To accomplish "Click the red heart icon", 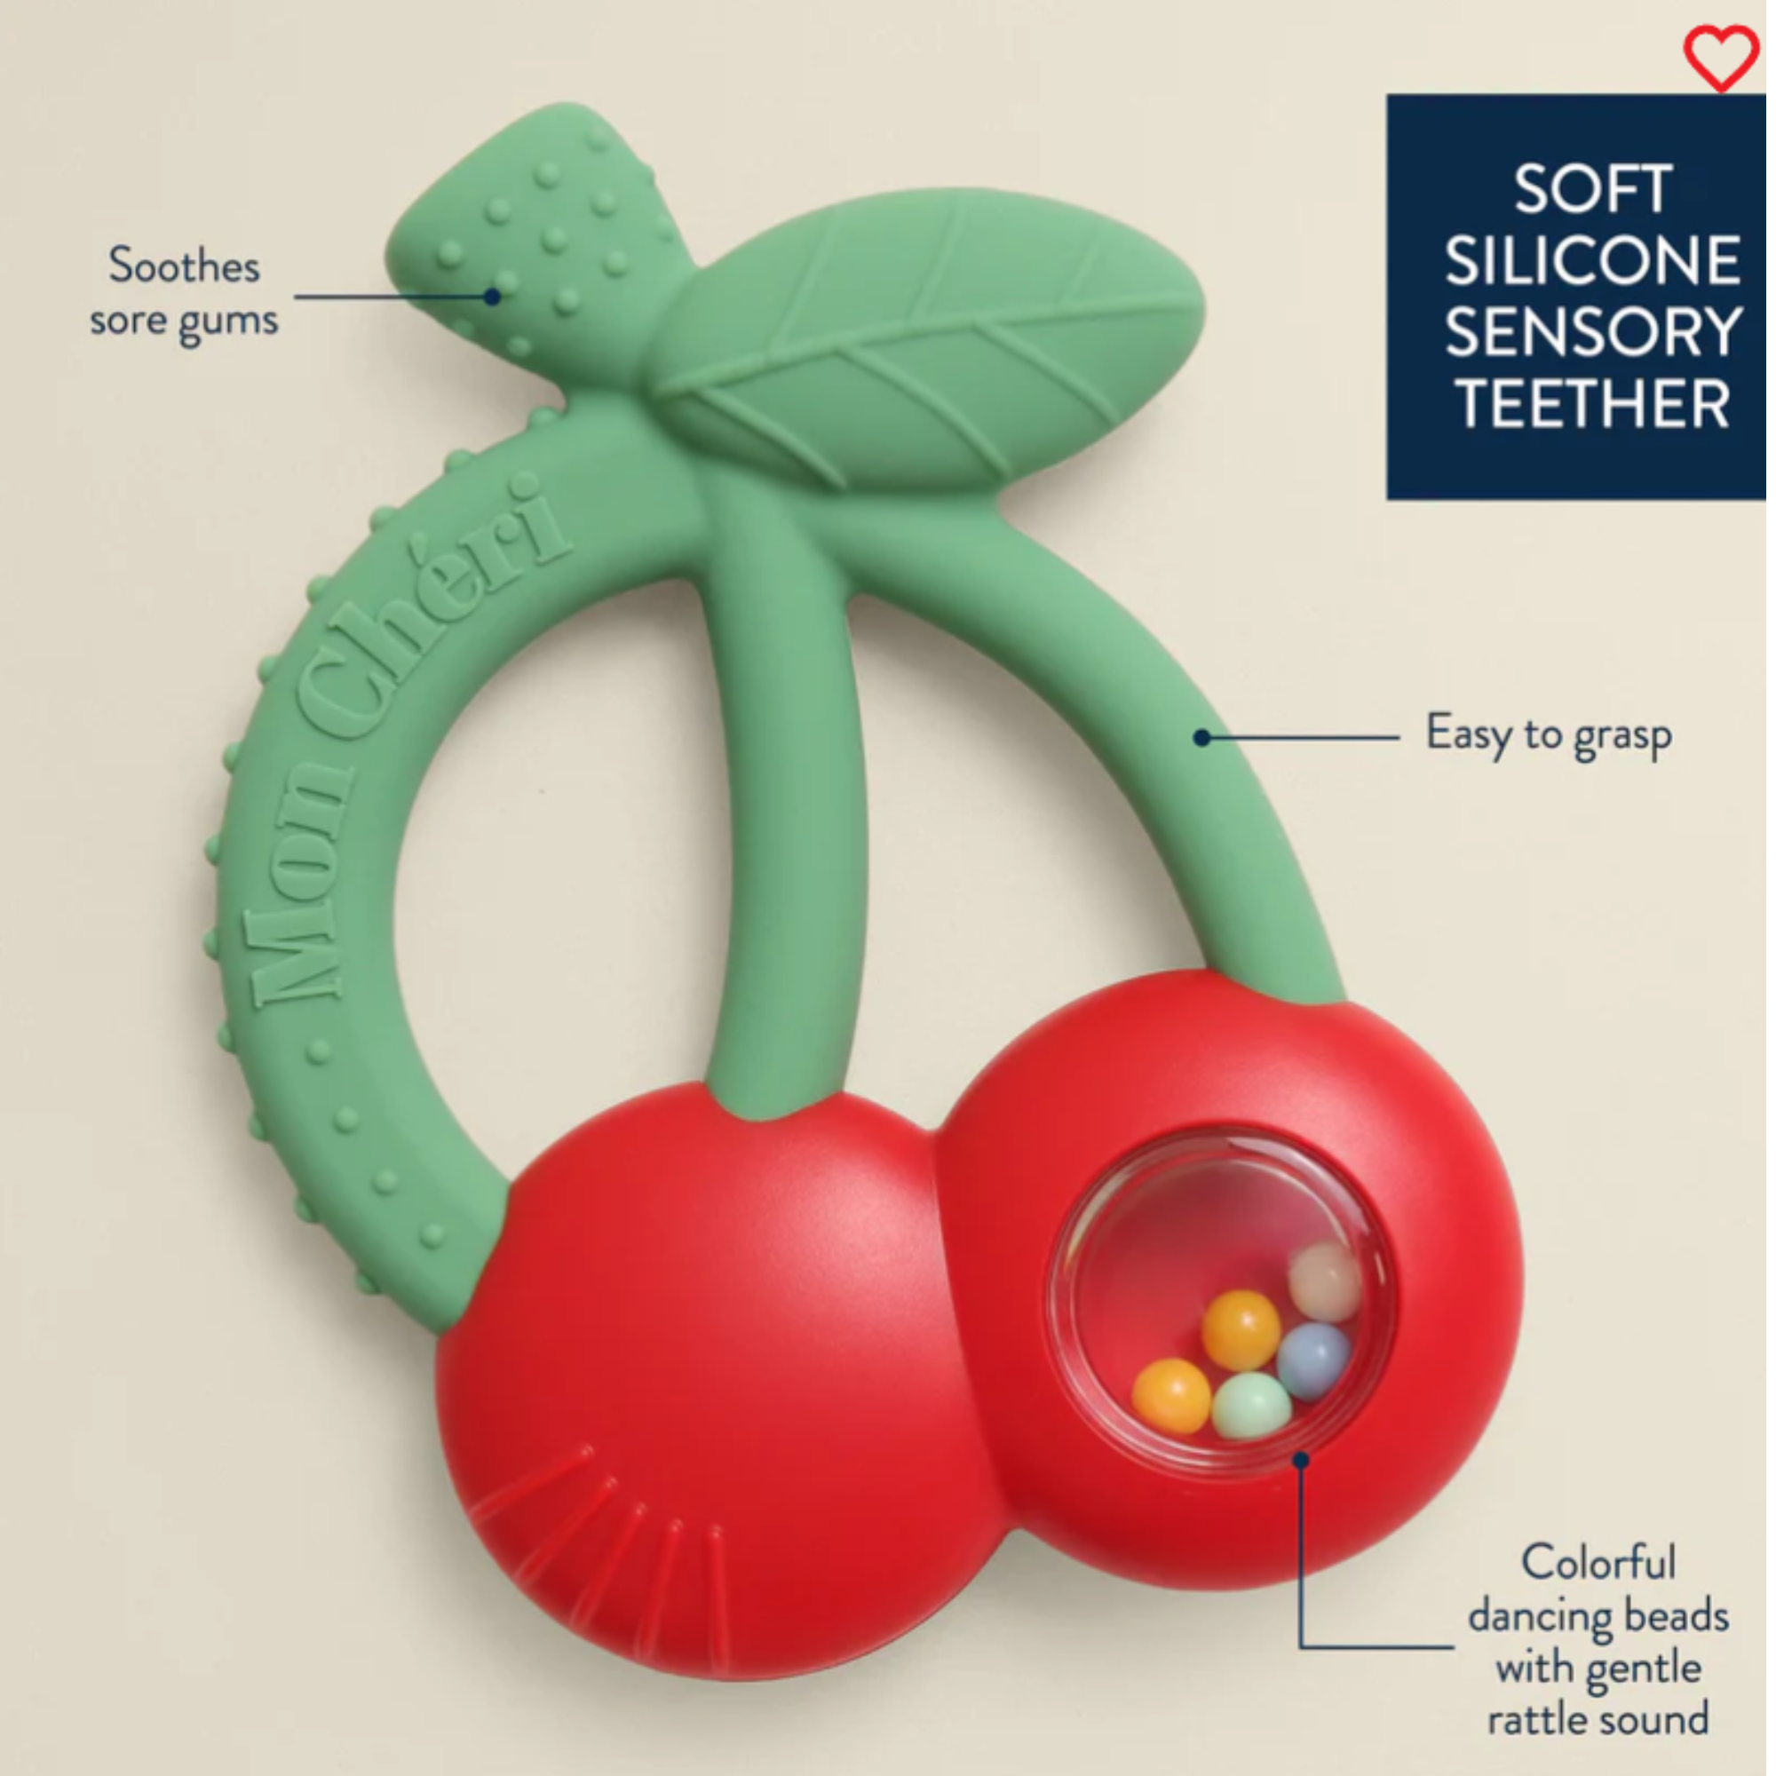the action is click(x=1721, y=57).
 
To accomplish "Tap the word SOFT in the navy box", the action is click(x=1592, y=190).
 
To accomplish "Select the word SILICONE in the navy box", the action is click(x=1592, y=261).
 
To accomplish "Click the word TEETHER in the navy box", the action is click(x=1592, y=403).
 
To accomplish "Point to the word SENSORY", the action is click(x=1592, y=332).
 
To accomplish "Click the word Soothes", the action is click(x=184, y=266).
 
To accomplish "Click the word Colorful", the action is click(x=1598, y=1563).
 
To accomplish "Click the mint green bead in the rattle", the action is click(x=1251, y=1406).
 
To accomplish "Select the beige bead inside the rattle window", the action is click(x=1325, y=1281).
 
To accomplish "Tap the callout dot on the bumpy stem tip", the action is click(x=493, y=297).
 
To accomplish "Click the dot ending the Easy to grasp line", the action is click(x=1201, y=737).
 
